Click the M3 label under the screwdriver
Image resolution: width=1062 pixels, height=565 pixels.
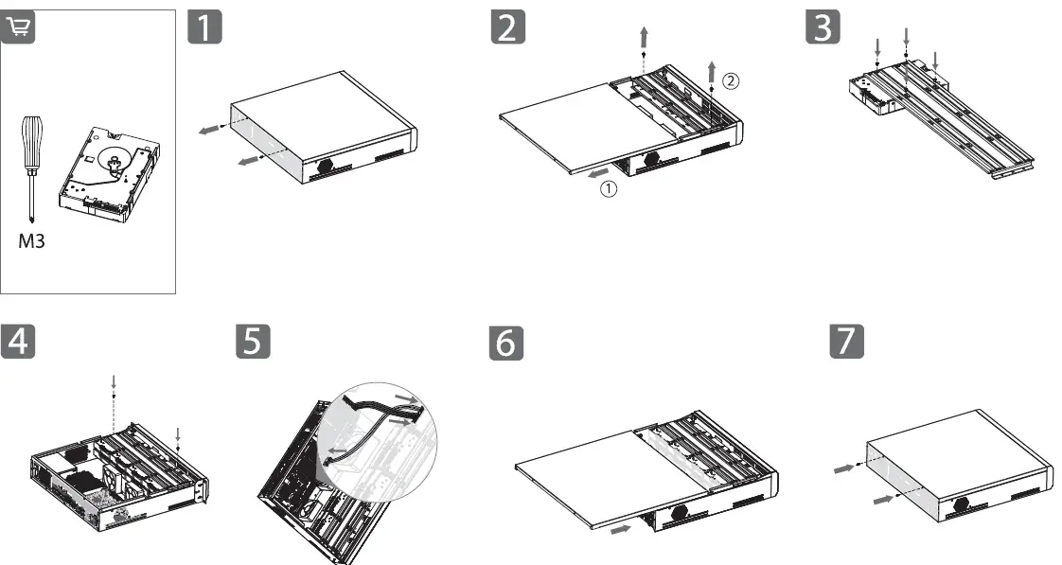pos(32,240)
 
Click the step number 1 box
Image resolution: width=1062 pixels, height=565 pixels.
pos(206,27)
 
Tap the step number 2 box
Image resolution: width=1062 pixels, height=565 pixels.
pos(508,27)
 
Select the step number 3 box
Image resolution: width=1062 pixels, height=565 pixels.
pos(821,27)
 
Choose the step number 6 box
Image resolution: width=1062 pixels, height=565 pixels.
pos(508,343)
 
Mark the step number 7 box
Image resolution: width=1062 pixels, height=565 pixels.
pos(846,343)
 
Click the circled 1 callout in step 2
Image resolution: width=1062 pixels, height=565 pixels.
pos(611,188)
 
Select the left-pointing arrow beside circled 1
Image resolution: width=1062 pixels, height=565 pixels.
pos(596,173)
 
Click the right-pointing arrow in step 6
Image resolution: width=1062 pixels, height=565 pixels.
pos(621,530)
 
